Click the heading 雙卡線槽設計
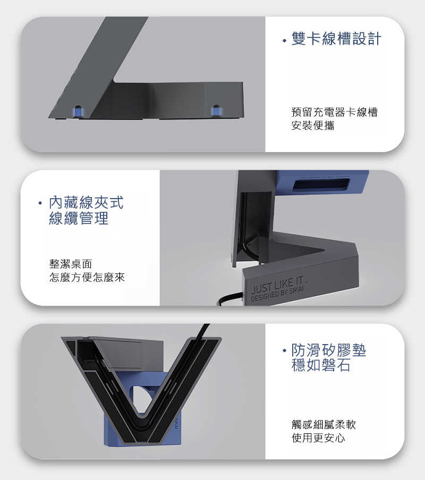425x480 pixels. click(336, 39)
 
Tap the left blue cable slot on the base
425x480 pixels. click(78, 111)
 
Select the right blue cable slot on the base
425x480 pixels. click(216, 110)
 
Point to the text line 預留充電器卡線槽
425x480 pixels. click(334, 113)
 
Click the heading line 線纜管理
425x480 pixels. click(79, 218)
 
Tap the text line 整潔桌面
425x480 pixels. click(71, 263)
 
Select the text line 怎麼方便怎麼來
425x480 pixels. click(87, 277)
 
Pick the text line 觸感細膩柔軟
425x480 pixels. click(324, 425)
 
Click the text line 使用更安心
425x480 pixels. click(318, 438)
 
